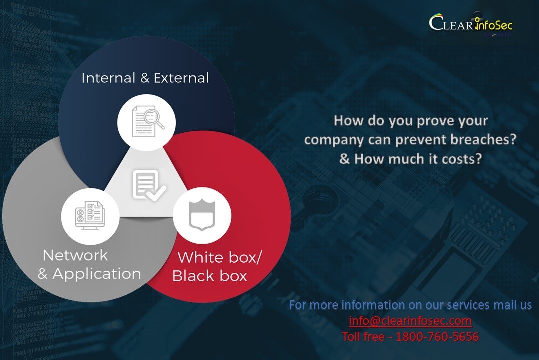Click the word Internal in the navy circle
click(108, 78)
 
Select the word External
click(181, 78)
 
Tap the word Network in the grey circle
click(75, 255)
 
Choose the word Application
click(97, 274)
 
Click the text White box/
click(220, 258)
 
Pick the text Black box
click(209, 276)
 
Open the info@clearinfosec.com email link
click(410, 320)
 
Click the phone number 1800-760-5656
click(437, 336)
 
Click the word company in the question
click(334, 140)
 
